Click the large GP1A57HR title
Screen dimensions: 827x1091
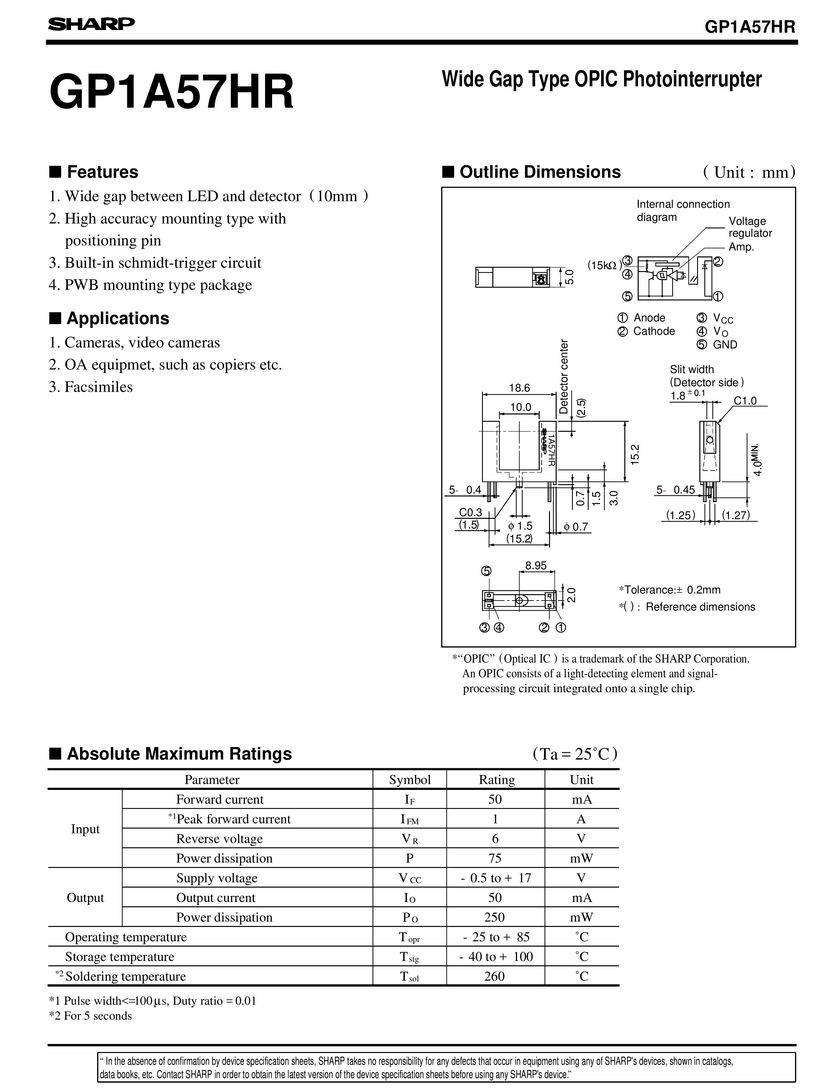(172, 92)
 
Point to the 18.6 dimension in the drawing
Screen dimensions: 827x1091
(519, 388)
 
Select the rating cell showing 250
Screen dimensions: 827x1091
(495, 917)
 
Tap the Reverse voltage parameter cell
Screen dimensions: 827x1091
(219, 839)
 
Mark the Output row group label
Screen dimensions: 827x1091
(85, 897)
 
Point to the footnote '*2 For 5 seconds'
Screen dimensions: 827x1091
(91, 1016)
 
